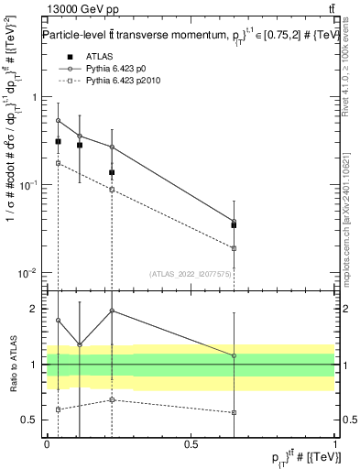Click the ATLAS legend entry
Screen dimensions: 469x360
96,57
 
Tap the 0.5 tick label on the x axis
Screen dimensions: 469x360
191,442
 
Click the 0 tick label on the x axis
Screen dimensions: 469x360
47,442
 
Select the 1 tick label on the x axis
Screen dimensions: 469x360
334,442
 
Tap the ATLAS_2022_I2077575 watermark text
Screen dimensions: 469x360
191,273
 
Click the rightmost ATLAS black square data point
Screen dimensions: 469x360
234,224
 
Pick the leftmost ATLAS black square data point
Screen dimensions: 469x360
58,142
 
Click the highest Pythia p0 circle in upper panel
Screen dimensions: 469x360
58,120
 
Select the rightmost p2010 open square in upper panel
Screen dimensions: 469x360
234,248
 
